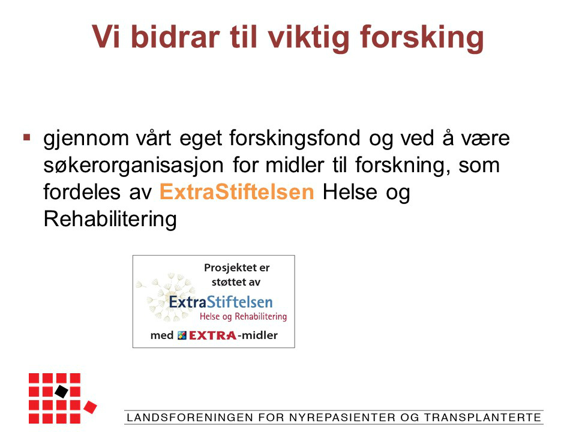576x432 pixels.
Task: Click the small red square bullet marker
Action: (x=26, y=137)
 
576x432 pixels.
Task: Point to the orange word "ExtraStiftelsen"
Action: (x=237, y=192)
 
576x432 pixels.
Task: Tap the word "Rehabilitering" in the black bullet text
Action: (x=110, y=220)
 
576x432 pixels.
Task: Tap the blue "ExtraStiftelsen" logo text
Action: (x=221, y=302)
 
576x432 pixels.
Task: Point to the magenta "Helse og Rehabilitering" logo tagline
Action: (x=243, y=317)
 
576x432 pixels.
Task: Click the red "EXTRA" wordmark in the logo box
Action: (x=212, y=335)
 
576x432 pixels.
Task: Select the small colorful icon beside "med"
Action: (x=182, y=335)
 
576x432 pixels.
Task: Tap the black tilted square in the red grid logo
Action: (x=62, y=391)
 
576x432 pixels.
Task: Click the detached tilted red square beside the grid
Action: (x=91, y=407)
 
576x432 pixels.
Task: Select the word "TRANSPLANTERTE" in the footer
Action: (x=482, y=418)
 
